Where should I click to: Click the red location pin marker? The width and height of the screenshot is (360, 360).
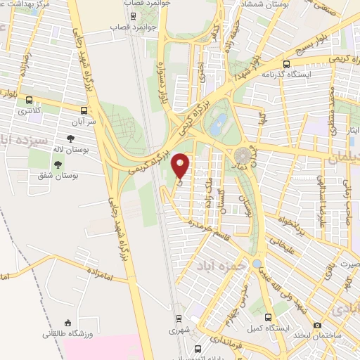pyautogui.click(x=181, y=165)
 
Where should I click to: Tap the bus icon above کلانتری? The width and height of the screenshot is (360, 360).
pyautogui.click(x=29, y=99)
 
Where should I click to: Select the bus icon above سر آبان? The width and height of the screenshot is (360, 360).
pyautogui.click(x=84, y=110)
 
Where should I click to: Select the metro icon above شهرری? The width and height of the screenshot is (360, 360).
pyautogui.click(x=177, y=317)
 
